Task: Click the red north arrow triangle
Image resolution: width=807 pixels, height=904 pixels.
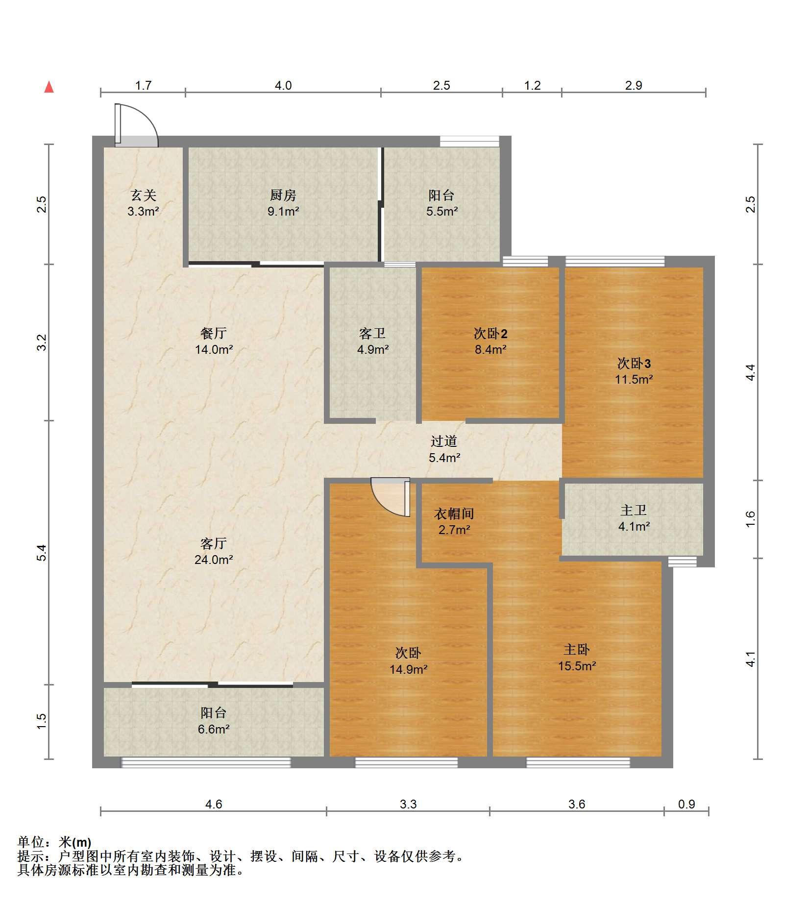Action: tap(49, 87)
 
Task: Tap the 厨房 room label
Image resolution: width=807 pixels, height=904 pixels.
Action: tap(283, 195)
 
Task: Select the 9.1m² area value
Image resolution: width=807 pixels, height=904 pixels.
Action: tap(283, 212)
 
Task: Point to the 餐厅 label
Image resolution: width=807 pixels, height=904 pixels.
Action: tap(214, 334)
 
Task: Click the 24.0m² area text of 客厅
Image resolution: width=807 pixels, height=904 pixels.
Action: tap(214, 560)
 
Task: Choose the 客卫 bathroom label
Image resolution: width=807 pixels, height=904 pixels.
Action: tap(372, 334)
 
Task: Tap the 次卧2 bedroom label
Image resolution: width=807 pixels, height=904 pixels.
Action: tap(490, 334)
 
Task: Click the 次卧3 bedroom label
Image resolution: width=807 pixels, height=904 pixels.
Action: tap(634, 363)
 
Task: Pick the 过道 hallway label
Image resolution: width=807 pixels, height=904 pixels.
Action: tap(444, 441)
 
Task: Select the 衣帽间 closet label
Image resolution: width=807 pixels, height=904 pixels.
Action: tap(454, 513)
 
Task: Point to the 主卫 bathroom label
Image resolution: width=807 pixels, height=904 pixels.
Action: tap(634, 511)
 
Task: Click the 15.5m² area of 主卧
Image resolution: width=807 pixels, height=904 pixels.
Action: tap(577, 666)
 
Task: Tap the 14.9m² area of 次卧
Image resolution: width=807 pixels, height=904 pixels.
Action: tap(409, 669)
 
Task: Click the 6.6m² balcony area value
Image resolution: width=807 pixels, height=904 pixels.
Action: tap(214, 729)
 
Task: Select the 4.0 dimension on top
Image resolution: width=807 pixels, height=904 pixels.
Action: tap(283, 86)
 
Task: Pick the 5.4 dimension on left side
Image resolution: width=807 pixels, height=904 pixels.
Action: tap(42, 553)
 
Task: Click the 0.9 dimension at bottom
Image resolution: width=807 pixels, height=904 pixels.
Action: tap(686, 804)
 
